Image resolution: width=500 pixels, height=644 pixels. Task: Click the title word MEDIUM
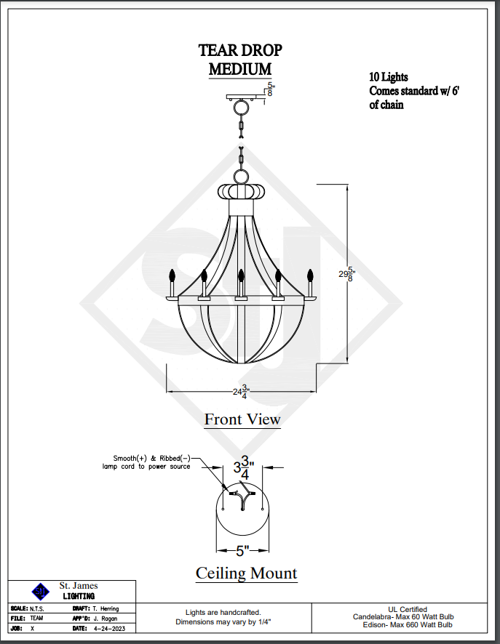click(x=240, y=69)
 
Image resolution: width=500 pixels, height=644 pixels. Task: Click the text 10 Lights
click(x=389, y=77)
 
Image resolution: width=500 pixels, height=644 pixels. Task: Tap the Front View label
click(x=242, y=419)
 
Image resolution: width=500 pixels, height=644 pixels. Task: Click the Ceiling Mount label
click(x=246, y=573)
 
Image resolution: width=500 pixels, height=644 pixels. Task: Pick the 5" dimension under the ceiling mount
click(x=242, y=550)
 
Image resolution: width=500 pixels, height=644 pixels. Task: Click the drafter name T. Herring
click(x=106, y=608)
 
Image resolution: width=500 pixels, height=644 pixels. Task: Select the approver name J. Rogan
click(x=106, y=618)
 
